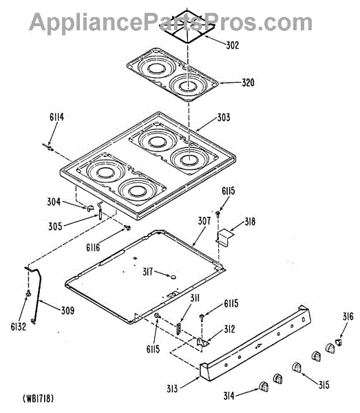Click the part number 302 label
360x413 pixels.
(x=233, y=45)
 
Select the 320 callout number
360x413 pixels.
(x=248, y=83)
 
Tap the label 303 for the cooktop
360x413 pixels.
(x=224, y=118)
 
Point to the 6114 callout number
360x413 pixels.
(x=56, y=117)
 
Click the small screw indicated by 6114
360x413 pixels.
(x=48, y=147)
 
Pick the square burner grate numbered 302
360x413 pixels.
(x=188, y=27)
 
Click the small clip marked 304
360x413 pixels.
(x=90, y=208)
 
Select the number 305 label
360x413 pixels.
(x=55, y=226)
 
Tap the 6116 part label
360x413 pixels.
(x=93, y=247)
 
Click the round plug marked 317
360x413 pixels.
(x=173, y=276)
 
